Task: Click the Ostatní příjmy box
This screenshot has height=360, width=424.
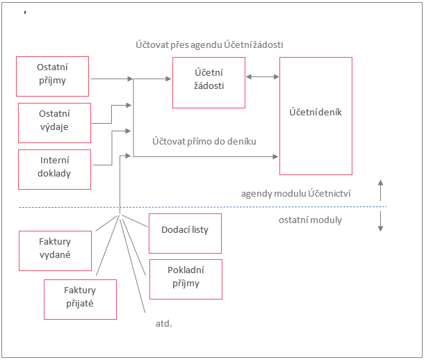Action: coord(53,76)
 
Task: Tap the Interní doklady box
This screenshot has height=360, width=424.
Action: coord(54,168)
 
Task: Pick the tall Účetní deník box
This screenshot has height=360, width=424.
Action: coord(316,115)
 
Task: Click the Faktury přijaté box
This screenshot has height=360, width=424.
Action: coord(79,297)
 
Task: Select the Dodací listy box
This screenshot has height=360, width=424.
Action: coord(185,234)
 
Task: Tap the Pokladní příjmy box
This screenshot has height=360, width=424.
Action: coord(184,277)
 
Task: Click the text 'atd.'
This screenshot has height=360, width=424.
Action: coord(163,323)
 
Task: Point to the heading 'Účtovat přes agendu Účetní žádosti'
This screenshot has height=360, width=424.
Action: coord(209,44)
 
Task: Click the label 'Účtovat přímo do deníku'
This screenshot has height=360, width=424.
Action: coord(204,141)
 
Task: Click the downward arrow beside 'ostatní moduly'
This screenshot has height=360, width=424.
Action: coord(381,222)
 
